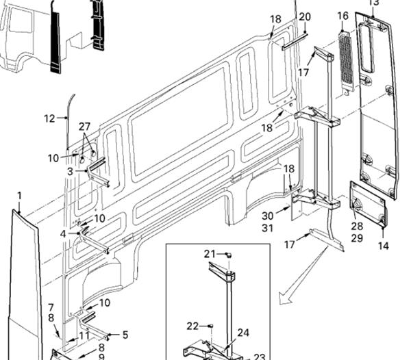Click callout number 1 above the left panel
click(19, 196)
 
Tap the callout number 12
click(49, 118)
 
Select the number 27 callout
click(84, 127)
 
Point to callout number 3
click(70, 171)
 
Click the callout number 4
click(63, 233)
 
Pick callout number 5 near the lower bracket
click(125, 335)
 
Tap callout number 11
click(84, 335)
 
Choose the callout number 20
click(305, 16)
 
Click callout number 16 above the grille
click(343, 16)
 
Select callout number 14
click(384, 246)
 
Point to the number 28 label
click(357, 226)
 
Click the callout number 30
click(267, 216)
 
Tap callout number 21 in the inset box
click(210, 254)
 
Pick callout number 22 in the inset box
click(192, 326)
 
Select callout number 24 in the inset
click(243, 333)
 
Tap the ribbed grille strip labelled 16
click(346, 62)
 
